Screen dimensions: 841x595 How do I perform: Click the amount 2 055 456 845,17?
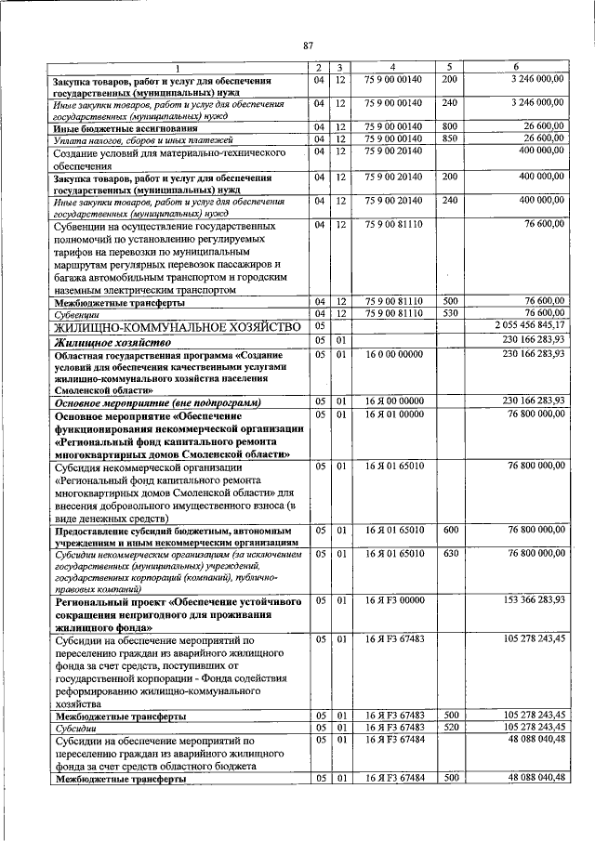pyautogui.click(x=526, y=326)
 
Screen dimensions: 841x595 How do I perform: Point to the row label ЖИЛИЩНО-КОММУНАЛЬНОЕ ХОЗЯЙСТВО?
pyautogui.click(x=164, y=327)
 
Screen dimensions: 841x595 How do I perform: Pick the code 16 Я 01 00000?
pyautogui.click(x=392, y=414)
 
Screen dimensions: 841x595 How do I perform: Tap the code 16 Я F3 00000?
pyautogui.click(x=392, y=601)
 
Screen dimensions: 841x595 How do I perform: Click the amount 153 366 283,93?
pyautogui.click(x=528, y=601)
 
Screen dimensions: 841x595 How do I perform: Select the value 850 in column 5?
pyautogui.click(x=450, y=138)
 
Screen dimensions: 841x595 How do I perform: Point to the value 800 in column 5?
pyautogui.click(x=450, y=126)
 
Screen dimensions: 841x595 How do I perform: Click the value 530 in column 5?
pyautogui.click(x=450, y=313)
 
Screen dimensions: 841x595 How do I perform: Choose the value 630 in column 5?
pyautogui.click(x=450, y=553)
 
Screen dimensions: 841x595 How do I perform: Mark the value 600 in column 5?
pyautogui.click(x=450, y=529)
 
